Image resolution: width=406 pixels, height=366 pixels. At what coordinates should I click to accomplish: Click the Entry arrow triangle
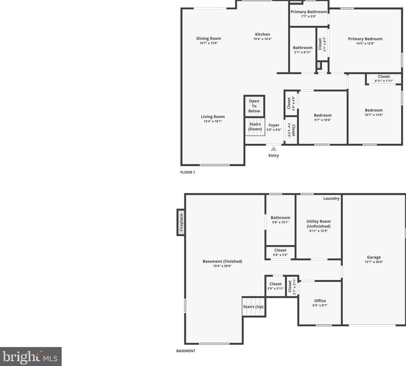[x=273, y=149]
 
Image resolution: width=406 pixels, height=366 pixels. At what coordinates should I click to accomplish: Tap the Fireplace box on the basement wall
[x=181, y=222]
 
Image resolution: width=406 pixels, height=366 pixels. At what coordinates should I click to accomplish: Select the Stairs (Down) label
[x=255, y=127]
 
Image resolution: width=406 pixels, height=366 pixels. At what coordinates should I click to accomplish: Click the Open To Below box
[x=254, y=106]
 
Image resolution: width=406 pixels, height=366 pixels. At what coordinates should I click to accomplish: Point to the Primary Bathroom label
[x=308, y=12]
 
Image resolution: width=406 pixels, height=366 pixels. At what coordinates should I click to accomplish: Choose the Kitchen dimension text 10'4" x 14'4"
[x=262, y=39]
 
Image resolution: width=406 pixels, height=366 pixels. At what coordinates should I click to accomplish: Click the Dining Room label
[x=209, y=38]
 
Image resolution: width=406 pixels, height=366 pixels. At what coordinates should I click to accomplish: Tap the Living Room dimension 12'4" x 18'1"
[x=213, y=121]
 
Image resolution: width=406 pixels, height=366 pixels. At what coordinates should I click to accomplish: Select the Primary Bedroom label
[x=365, y=39]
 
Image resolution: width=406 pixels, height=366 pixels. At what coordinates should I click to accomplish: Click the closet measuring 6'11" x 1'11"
[x=384, y=78]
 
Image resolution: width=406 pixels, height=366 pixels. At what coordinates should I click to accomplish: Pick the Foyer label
[x=274, y=125]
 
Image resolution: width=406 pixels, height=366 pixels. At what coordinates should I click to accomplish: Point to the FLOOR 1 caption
[x=188, y=172]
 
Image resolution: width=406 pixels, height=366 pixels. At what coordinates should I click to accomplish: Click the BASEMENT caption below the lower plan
[x=186, y=351]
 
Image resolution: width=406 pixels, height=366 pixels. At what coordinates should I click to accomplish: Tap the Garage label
[x=373, y=257]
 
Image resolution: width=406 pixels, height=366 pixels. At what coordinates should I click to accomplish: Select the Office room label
[x=320, y=301]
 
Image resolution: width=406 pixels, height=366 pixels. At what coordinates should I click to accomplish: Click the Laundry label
[x=331, y=199]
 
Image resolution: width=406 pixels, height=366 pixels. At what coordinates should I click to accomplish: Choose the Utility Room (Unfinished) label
[x=318, y=224]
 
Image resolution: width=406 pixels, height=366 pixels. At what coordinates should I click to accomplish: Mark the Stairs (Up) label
[x=253, y=307]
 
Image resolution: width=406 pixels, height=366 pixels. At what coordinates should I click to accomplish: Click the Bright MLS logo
[x=31, y=357]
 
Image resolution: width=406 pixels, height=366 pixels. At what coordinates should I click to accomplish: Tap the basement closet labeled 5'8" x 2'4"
[x=280, y=252]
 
